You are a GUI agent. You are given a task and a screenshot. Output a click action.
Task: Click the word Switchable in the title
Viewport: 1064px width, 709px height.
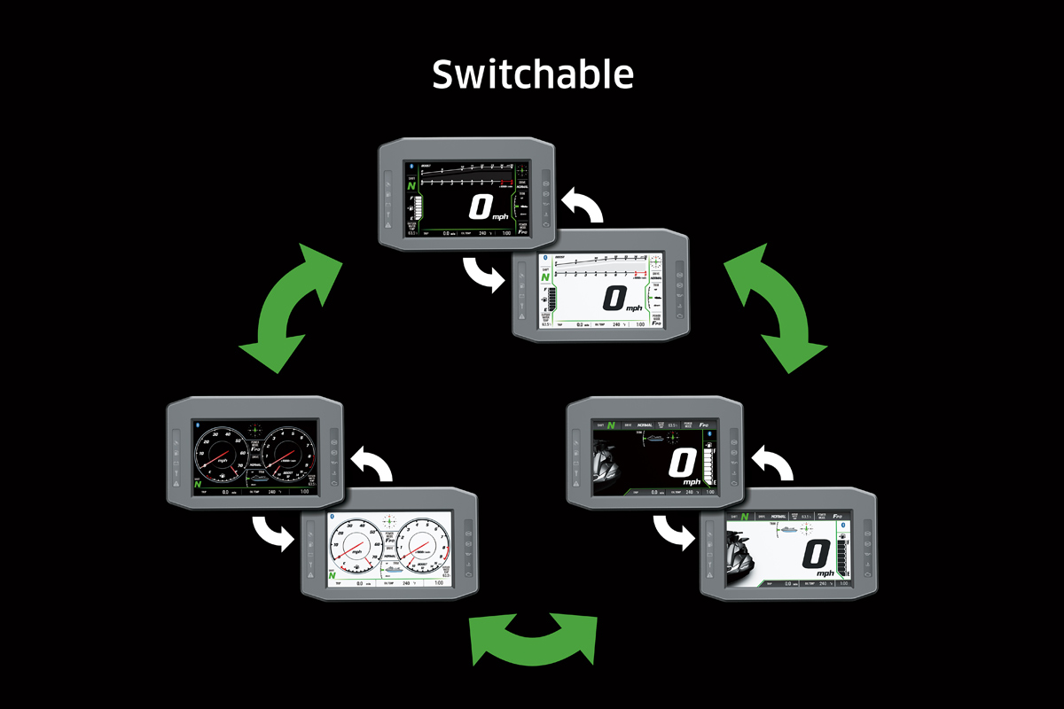click(x=533, y=74)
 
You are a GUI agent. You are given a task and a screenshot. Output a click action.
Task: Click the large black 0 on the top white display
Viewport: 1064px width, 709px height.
click(x=614, y=298)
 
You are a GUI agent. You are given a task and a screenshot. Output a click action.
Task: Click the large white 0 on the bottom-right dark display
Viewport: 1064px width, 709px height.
click(x=683, y=464)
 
